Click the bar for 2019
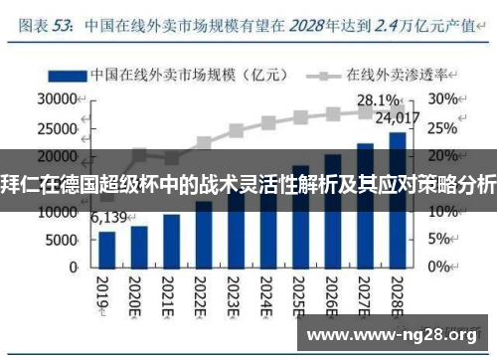(x=107, y=249)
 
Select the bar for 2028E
(x=397, y=200)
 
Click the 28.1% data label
(x=378, y=100)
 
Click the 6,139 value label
(x=108, y=218)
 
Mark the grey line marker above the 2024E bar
(x=268, y=123)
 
